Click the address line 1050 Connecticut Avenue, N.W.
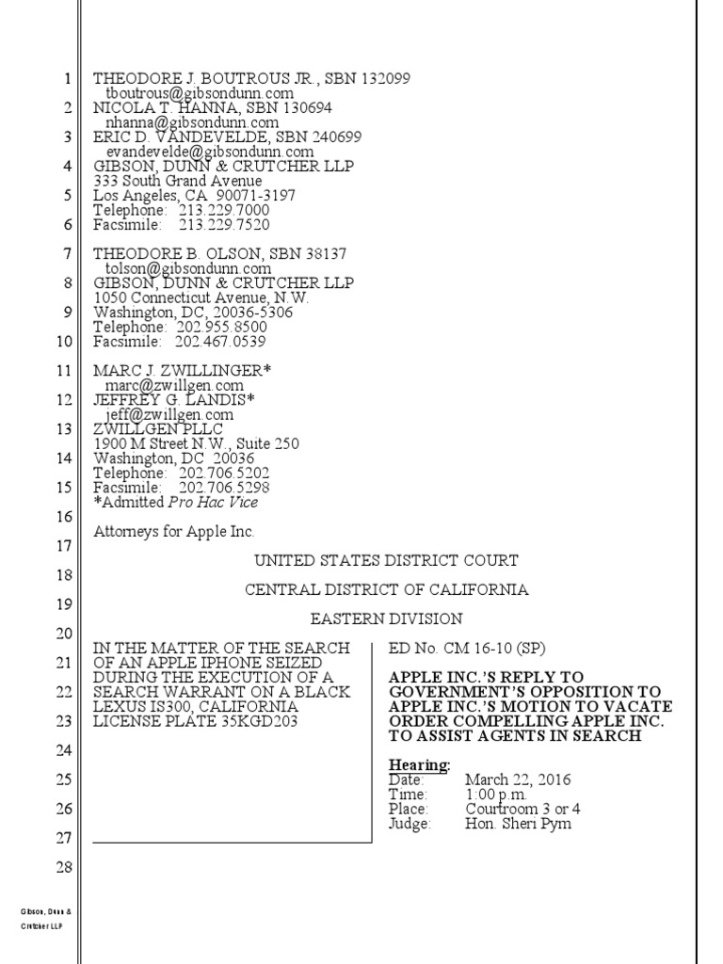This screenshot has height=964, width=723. (201, 297)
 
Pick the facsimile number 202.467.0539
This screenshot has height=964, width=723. (221, 341)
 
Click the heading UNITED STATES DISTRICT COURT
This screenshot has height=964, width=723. (386, 561)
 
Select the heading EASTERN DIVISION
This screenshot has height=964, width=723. (386, 619)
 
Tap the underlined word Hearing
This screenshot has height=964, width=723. (419, 764)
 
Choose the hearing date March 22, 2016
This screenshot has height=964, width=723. (518, 779)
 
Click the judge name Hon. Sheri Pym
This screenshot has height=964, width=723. (518, 824)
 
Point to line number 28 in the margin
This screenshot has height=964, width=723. (65, 866)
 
